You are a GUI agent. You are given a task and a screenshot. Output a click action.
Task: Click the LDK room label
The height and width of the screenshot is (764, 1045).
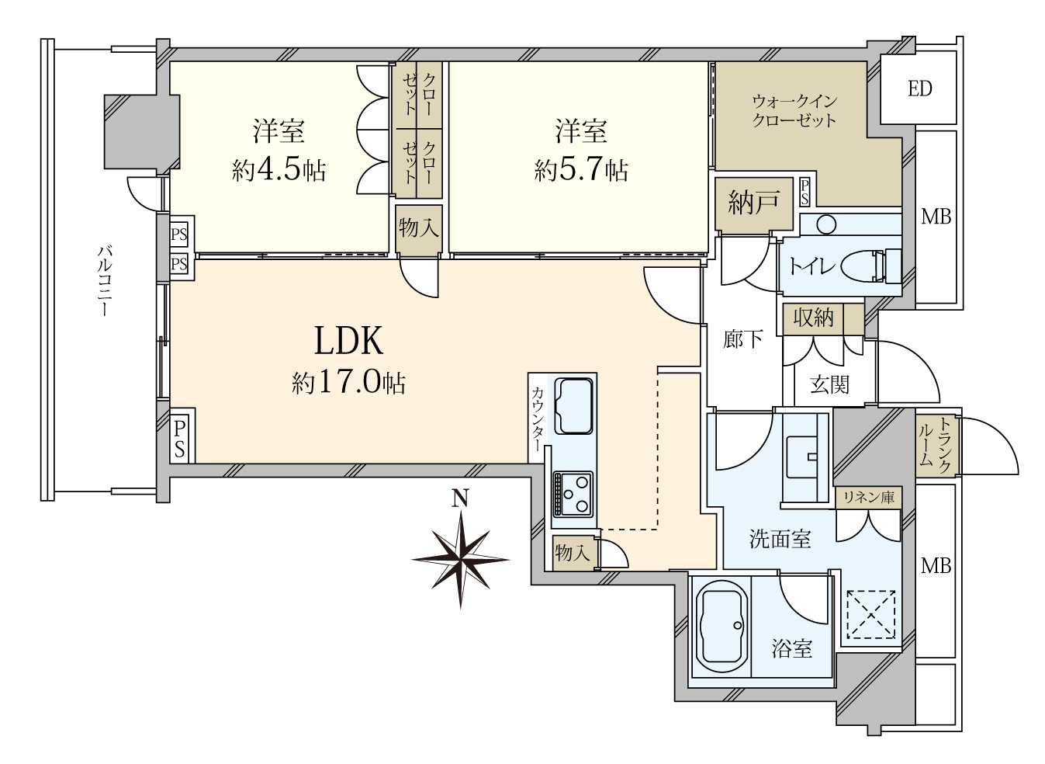[349, 342]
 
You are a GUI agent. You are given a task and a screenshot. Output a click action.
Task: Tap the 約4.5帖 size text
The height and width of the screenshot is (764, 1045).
[279, 171]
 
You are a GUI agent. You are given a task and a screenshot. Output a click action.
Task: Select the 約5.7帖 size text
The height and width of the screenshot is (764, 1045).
[581, 171]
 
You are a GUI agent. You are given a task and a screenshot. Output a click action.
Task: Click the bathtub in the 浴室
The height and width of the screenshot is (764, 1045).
[719, 627]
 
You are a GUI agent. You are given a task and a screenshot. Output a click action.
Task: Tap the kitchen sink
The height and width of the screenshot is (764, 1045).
[574, 406]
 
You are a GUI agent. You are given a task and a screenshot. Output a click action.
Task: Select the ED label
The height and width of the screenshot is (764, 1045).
[920, 89]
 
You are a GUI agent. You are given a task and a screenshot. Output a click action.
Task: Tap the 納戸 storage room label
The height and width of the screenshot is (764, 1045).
[753, 203]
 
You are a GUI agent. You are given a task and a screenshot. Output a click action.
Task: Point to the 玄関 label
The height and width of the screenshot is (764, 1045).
[829, 385]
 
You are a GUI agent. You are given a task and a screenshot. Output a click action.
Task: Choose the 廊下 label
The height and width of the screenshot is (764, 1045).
[743, 339]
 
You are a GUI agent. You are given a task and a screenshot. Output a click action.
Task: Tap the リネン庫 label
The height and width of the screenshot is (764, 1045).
[867, 498]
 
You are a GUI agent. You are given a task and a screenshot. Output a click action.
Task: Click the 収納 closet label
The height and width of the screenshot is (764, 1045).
[813, 318]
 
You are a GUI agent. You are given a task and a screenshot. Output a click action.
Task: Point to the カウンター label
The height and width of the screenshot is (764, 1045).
[537, 418]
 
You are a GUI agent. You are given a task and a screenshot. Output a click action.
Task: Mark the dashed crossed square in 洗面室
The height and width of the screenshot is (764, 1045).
[871, 614]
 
